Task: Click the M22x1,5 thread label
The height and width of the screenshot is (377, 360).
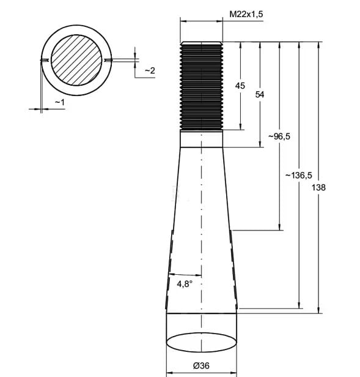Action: (x=246, y=14)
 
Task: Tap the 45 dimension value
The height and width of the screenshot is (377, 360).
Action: (x=240, y=86)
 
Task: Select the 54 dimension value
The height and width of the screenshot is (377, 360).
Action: (x=260, y=94)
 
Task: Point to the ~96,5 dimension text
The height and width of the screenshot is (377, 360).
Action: (x=279, y=136)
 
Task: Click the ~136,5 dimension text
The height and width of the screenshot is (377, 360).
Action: (x=298, y=175)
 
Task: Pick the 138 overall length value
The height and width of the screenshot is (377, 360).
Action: (x=318, y=187)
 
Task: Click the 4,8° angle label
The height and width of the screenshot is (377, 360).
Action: (x=185, y=284)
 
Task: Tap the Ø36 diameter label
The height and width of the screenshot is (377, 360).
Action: (x=201, y=366)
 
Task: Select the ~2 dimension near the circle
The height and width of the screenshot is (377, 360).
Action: (x=150, y=71)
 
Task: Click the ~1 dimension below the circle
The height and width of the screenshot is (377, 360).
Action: (x=60, y=102)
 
